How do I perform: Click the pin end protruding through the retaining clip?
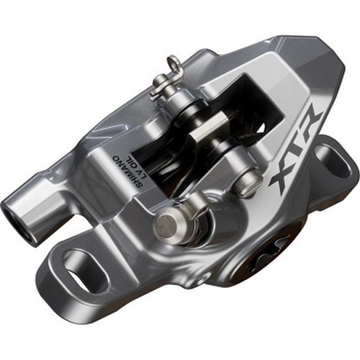pos(160,87)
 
